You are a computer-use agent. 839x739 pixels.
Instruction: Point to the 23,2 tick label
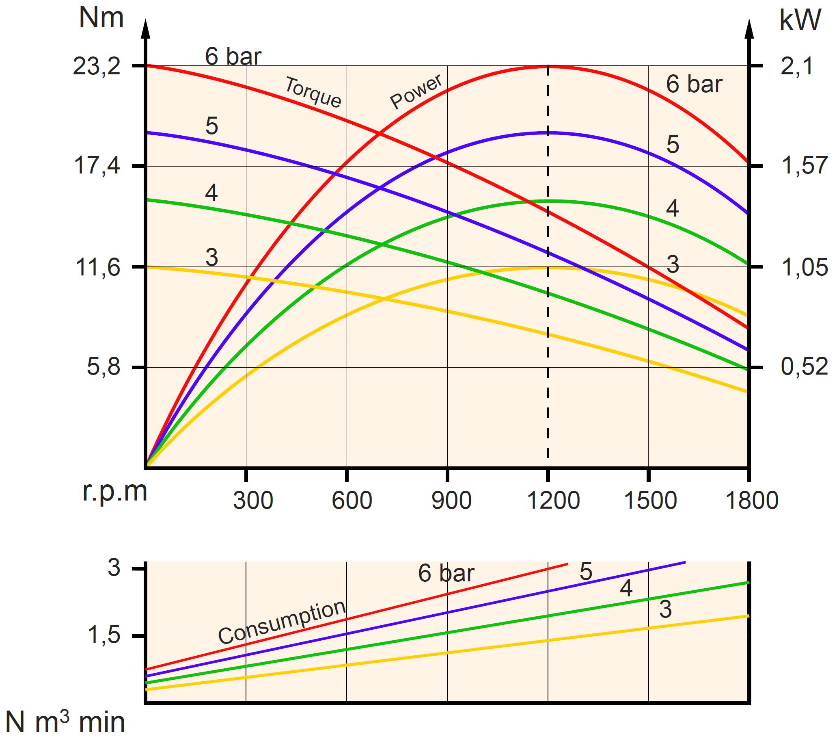[x=97, y=66]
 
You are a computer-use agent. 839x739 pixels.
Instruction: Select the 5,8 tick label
[x=104, y=366]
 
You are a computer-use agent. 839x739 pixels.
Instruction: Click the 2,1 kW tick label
[x=797, y=66]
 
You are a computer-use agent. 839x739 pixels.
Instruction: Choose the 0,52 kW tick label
[x=804, y=366]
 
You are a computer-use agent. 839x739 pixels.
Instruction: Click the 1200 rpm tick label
[x=552, y=501]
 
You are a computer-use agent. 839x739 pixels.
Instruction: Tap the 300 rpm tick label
[x=253, y=501]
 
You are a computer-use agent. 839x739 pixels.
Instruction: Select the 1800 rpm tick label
[x=752, y=501]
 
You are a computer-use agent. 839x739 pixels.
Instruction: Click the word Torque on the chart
[x=313, y=93]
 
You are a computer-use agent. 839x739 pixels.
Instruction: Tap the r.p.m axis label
[x=114, y=492]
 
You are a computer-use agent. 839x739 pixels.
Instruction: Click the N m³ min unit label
[x=65, y=723]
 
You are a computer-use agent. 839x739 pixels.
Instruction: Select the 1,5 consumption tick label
[x=104, y=635]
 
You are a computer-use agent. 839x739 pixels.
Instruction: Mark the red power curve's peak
[x=548, y=66]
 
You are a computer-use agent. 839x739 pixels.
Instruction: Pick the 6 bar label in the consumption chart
[x=446, y=573]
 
